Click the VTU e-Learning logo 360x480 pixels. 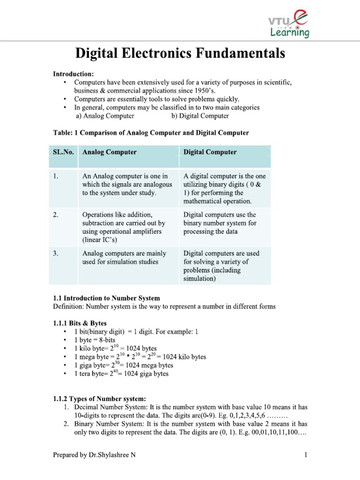coord(288,23)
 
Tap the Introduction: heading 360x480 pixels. coord(73,74)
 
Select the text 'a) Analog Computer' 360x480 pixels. coord(105,116)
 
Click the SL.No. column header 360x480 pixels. coord(63,152)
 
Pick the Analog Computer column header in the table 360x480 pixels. coord(109,152)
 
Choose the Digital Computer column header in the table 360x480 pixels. coord(210,152)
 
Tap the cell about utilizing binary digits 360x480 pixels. coord(225,188)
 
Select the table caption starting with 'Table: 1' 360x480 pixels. coord(150,133)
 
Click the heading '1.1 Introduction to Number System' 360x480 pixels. coord(106,298)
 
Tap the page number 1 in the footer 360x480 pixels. coord(305,455)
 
